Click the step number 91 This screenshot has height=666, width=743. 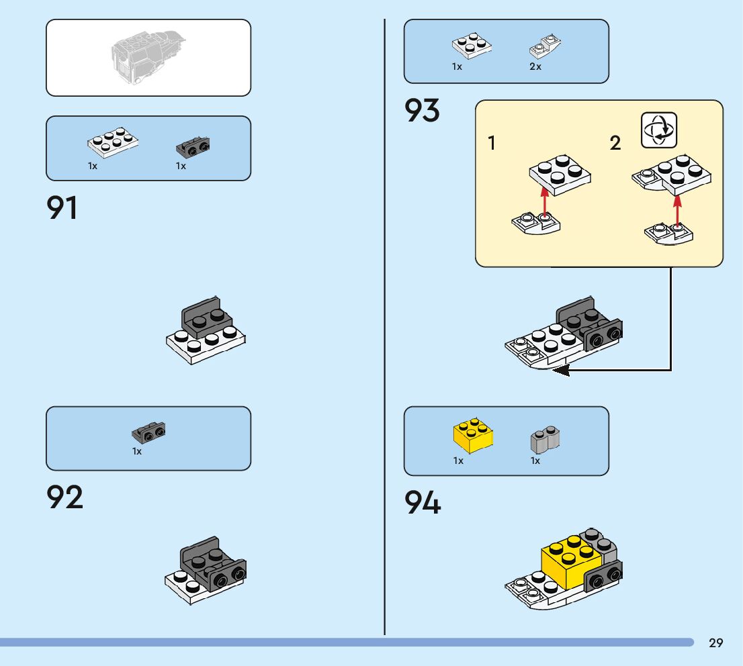tap(62, 208)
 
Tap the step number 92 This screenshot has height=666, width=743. tap(64, 497)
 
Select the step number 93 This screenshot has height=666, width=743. tap(422, 111)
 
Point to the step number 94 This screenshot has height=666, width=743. tap(423, 503)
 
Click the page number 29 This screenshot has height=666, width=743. tap(716, 643)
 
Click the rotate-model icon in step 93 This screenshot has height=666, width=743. tap(659, 130)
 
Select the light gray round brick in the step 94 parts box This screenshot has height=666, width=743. tap(545, 439)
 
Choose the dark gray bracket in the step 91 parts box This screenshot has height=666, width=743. tap(192, 144)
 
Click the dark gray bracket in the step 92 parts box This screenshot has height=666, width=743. tap(148, 432)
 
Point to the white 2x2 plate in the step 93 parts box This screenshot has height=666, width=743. tap(471, 45)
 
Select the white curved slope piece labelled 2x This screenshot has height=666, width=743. tap(545, 47)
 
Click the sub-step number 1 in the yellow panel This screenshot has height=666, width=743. tap(492, 143)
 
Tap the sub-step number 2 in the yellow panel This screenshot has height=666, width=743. tap(615, 143)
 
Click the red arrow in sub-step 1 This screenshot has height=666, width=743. tap(544, 201)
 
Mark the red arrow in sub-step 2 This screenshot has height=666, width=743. tap(677, 209)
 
